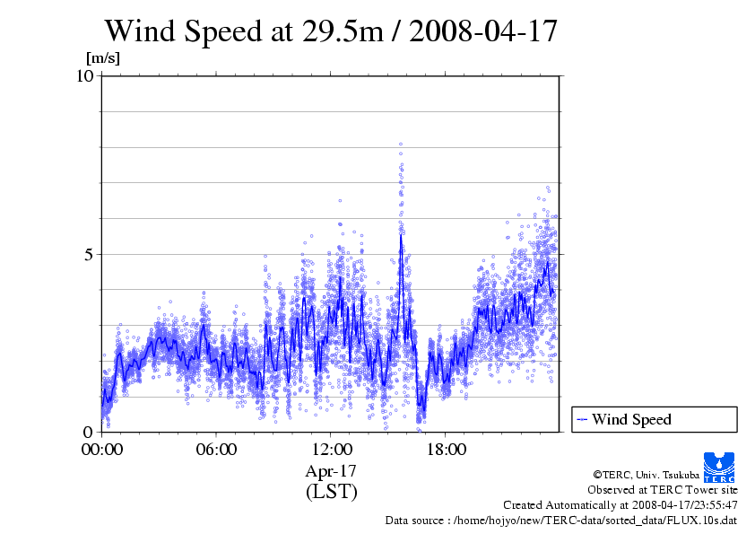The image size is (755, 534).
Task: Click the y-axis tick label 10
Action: click(85, 76)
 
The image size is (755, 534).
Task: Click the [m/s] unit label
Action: click(102, 58)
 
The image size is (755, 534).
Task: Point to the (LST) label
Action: click(331, 492)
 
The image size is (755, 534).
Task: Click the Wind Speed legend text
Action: click(631, 419)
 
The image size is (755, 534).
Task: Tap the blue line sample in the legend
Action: click(582, 419)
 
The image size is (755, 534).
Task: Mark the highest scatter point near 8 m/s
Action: click(401, 144)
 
